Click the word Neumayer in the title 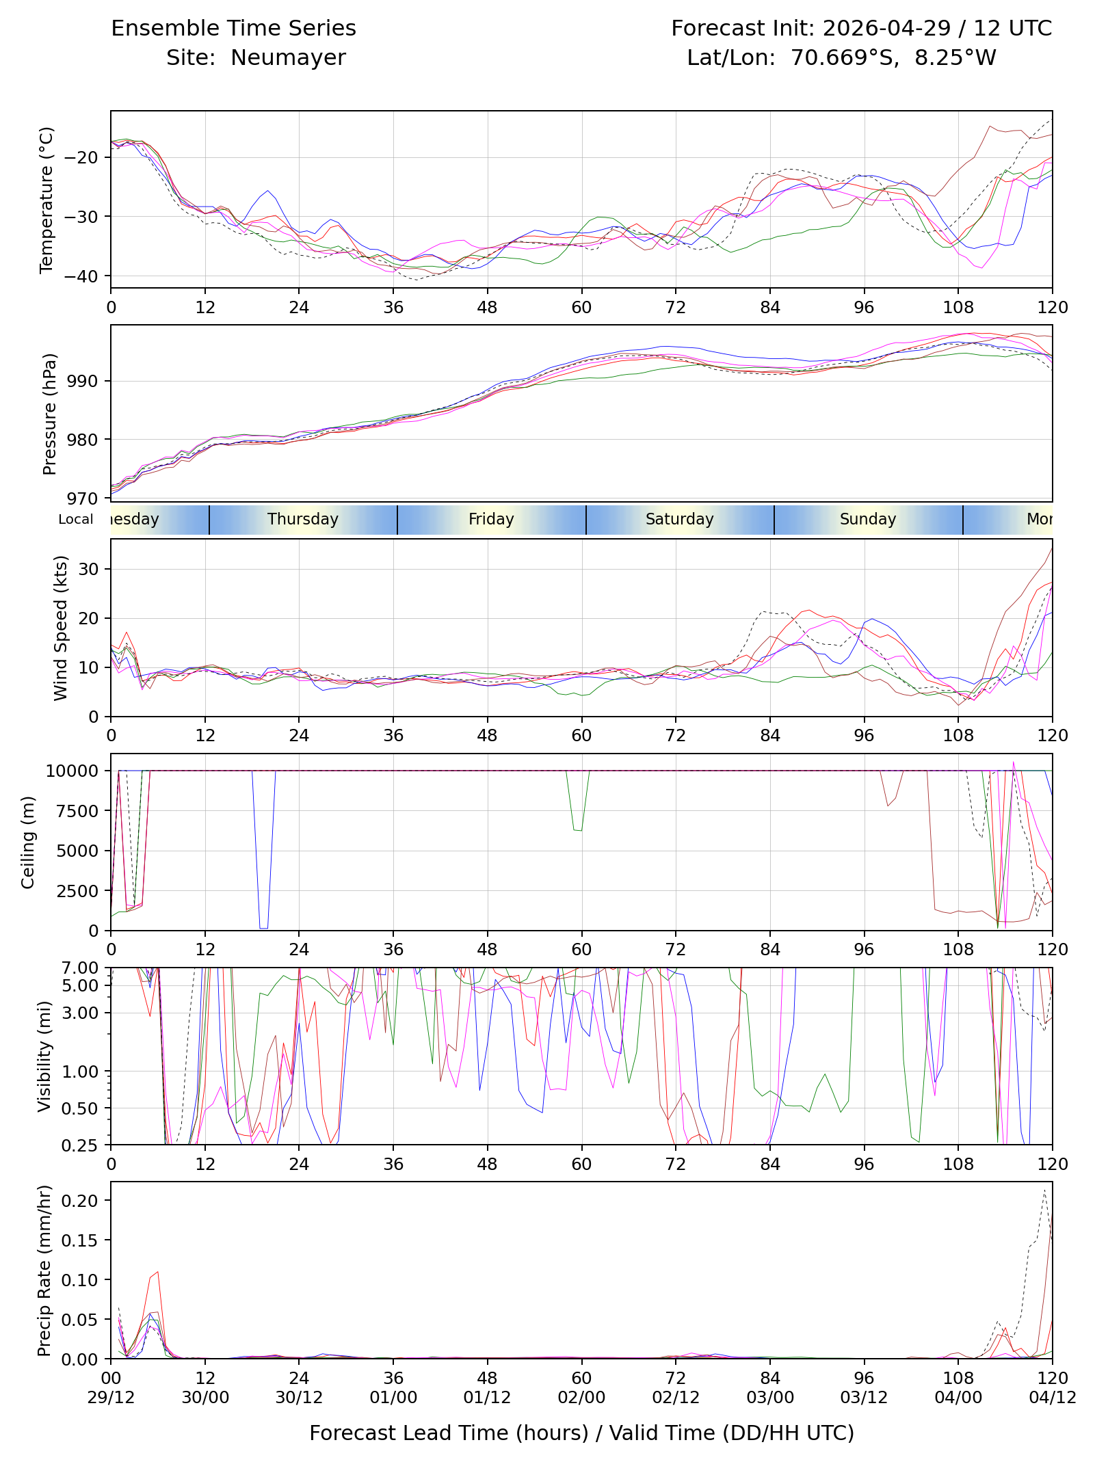pos(288,58)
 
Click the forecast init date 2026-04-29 pos(886,28)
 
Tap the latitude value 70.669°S pos(845,57)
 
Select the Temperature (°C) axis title pos(47,200)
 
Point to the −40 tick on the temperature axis pos(80,276)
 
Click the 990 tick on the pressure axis pos(83,381)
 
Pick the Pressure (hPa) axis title pos(49,414)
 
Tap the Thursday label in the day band pos(303,519)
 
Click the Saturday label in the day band pos(680,519)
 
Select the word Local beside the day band pos(76,519)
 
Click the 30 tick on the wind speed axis pos(89,569)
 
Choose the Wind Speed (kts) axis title pos(61,628)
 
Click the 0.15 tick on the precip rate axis pos(80,1240)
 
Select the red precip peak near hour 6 pos(158,1272)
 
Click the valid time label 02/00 pos(581,1398)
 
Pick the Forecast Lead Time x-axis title pos(582,1433)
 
